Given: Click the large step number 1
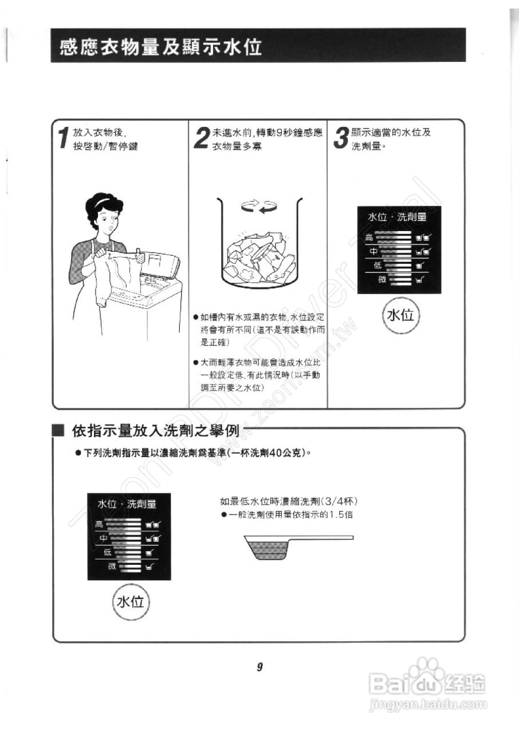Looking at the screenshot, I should (65, 139).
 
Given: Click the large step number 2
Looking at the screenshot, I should (202, 138).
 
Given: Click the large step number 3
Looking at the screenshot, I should (341, 138).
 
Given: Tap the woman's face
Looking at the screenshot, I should (108, 218).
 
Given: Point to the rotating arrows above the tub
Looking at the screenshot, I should (258, 207).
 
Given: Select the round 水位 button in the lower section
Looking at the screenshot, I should (130, 601).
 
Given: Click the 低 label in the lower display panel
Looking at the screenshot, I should (107, 552).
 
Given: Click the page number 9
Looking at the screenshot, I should (259, 667).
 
